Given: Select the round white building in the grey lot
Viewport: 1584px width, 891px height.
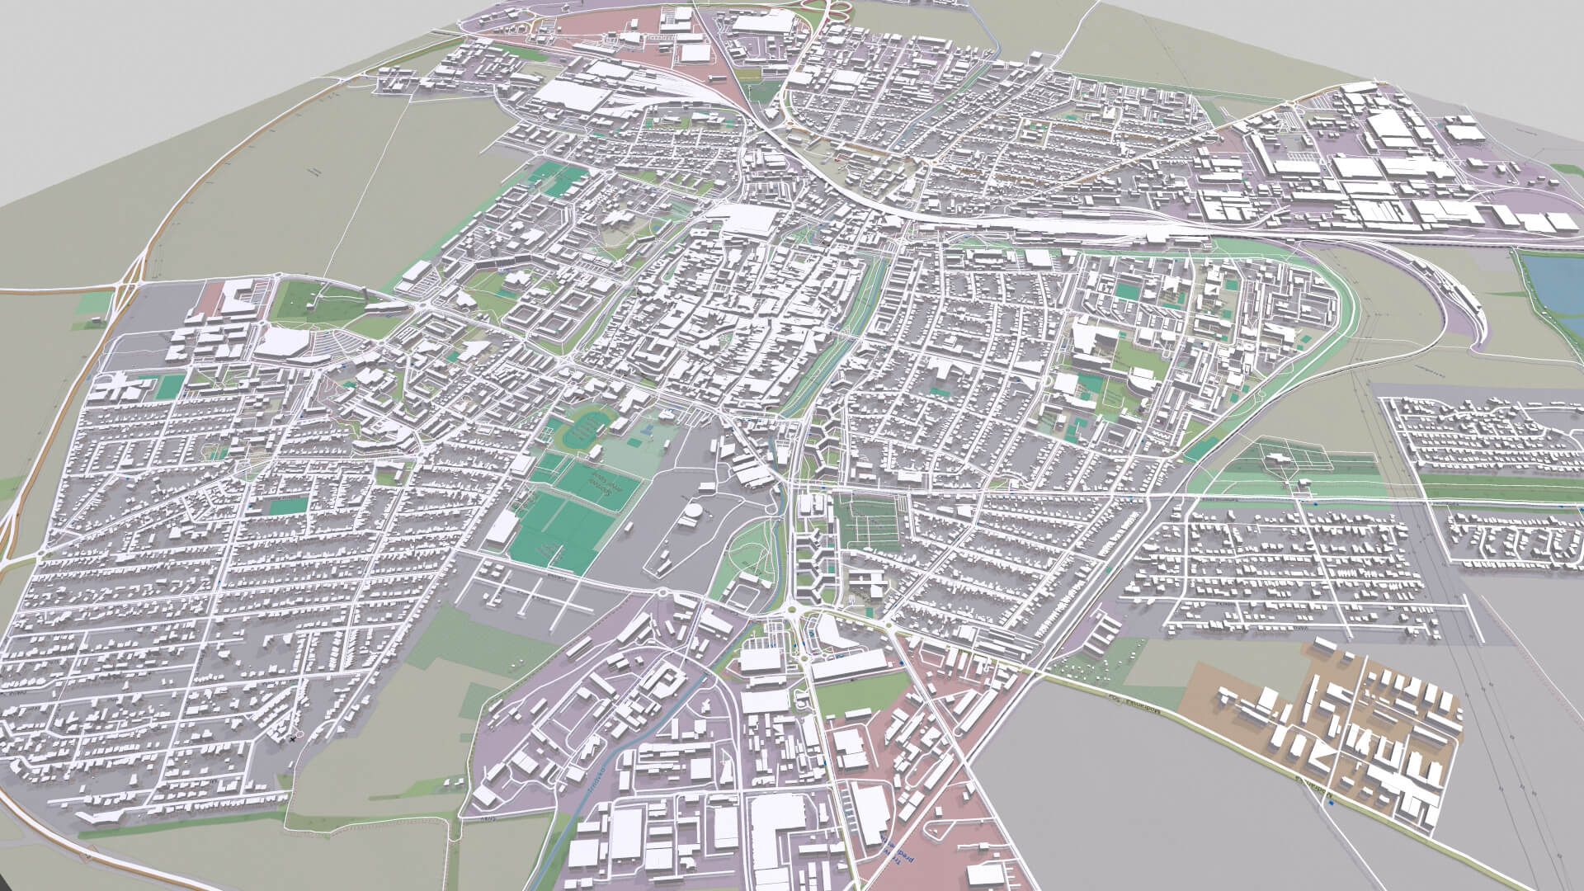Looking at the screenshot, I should (x=691, y=515).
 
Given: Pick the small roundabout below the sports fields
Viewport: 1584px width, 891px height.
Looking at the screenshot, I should (x=662, y=592).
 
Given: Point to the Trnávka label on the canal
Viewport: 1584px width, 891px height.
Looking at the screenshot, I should (x=598, y=775).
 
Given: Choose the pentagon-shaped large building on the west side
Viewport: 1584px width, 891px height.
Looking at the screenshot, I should (x=285, y=342).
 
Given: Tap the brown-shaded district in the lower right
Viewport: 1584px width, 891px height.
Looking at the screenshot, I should (x=1320, y=726).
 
